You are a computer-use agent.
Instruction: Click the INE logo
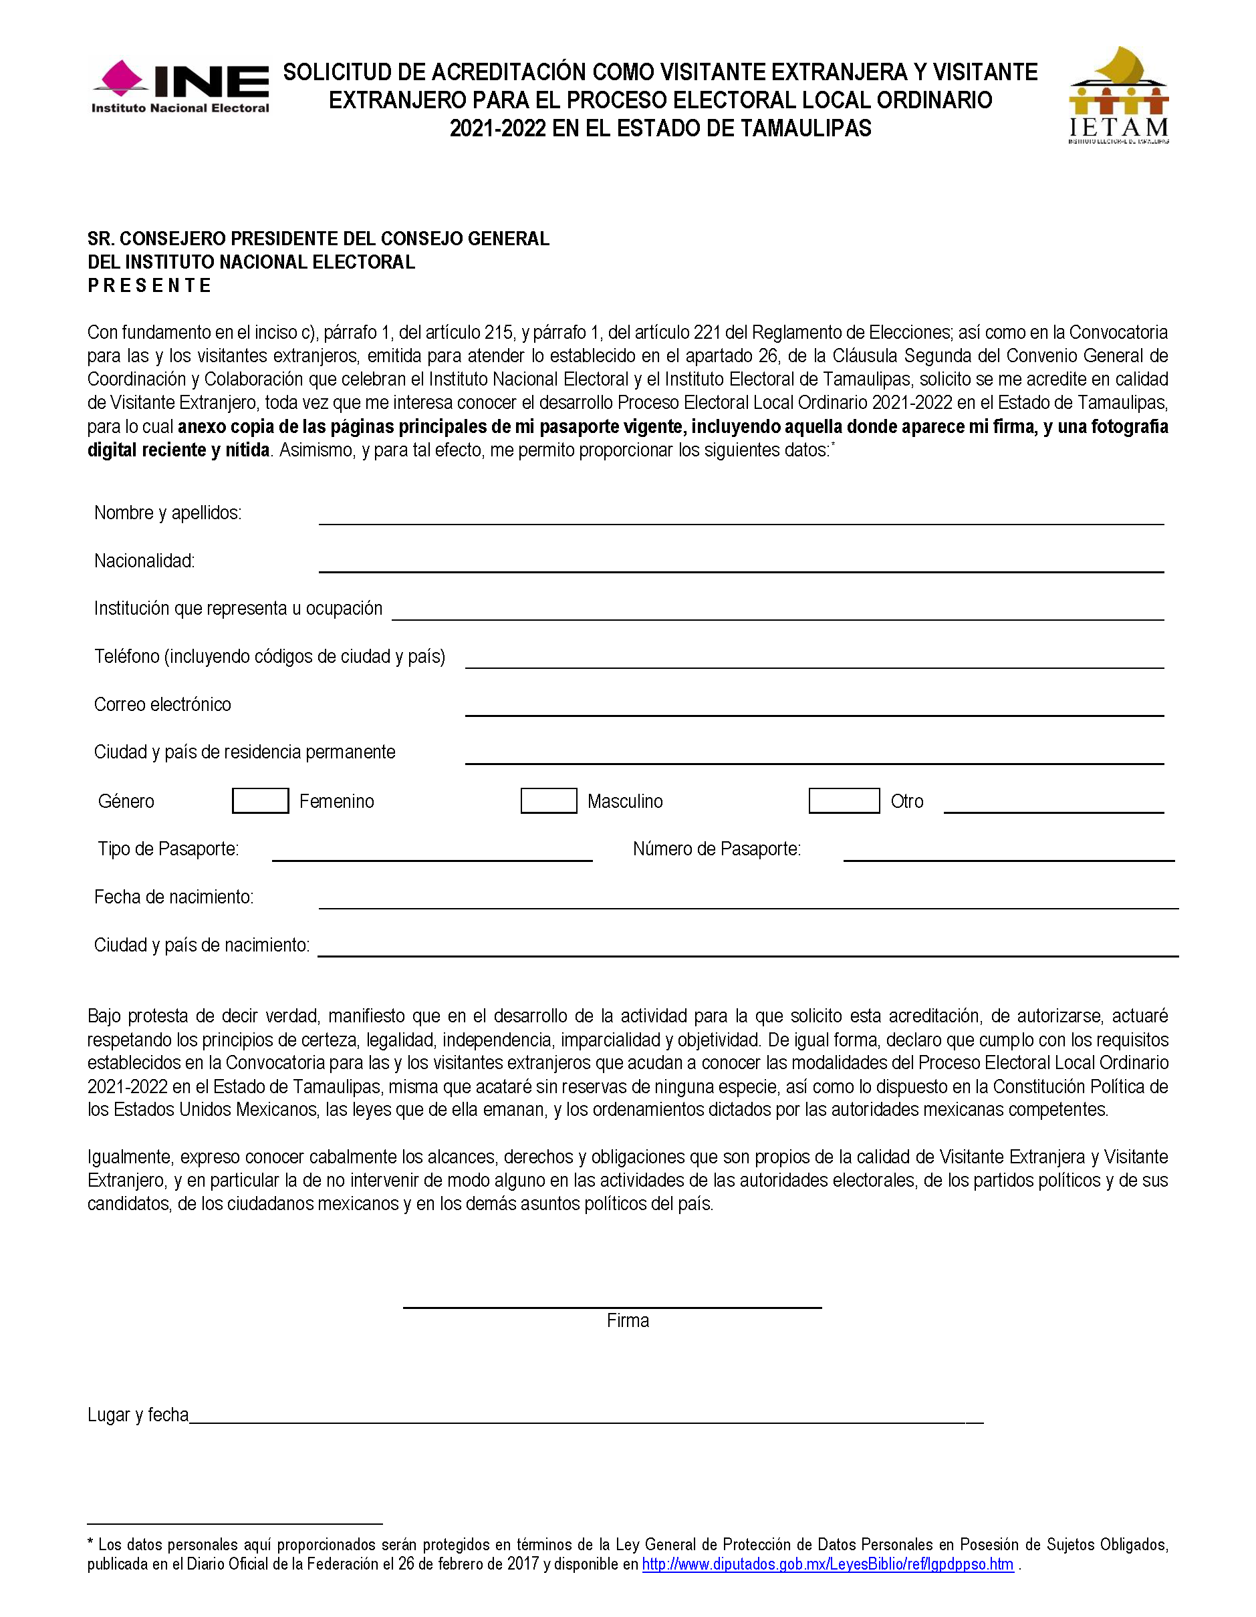pos(180,87)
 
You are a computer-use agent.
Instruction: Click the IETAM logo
pos(1118,95)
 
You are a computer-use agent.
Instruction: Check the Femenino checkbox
pos(260,800)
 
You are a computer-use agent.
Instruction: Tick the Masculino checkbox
pos(548,800)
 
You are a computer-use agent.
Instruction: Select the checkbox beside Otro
pos(844,800)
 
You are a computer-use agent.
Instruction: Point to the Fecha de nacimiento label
pos(173,897)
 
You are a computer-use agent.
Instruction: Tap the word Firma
pos(627,1320)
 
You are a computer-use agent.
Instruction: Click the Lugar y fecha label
pos(138,1415)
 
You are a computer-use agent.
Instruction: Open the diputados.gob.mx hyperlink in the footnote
pos(828,1564)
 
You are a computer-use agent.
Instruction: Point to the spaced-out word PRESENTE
pos(150,286)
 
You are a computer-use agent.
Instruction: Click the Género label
pos(126,801)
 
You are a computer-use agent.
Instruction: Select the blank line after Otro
pos(1053,806)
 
